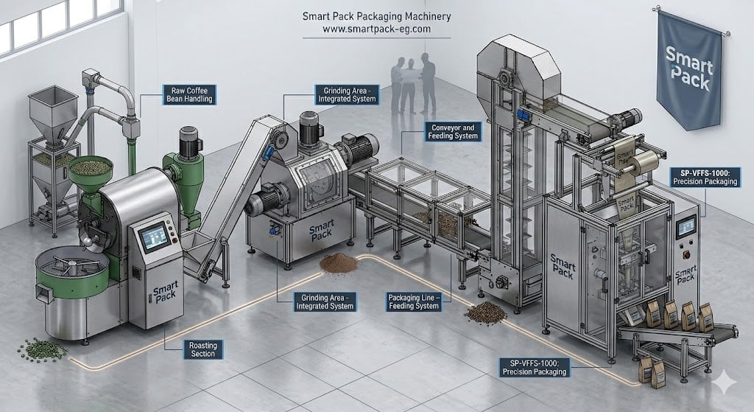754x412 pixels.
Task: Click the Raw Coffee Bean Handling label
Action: coord(189,95)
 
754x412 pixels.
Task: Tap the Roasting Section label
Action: coord(203,349)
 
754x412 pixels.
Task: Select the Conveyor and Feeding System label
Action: coord(453,131)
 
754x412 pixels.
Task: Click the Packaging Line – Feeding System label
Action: coord(414,301)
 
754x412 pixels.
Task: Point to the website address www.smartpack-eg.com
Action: coord(376,29)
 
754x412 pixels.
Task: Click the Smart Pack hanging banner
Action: coord(689,70)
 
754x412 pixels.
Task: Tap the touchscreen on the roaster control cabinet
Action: coord(154,237)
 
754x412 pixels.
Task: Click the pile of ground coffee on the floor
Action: coord(339,263)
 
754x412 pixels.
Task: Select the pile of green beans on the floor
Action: coord(42,349)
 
